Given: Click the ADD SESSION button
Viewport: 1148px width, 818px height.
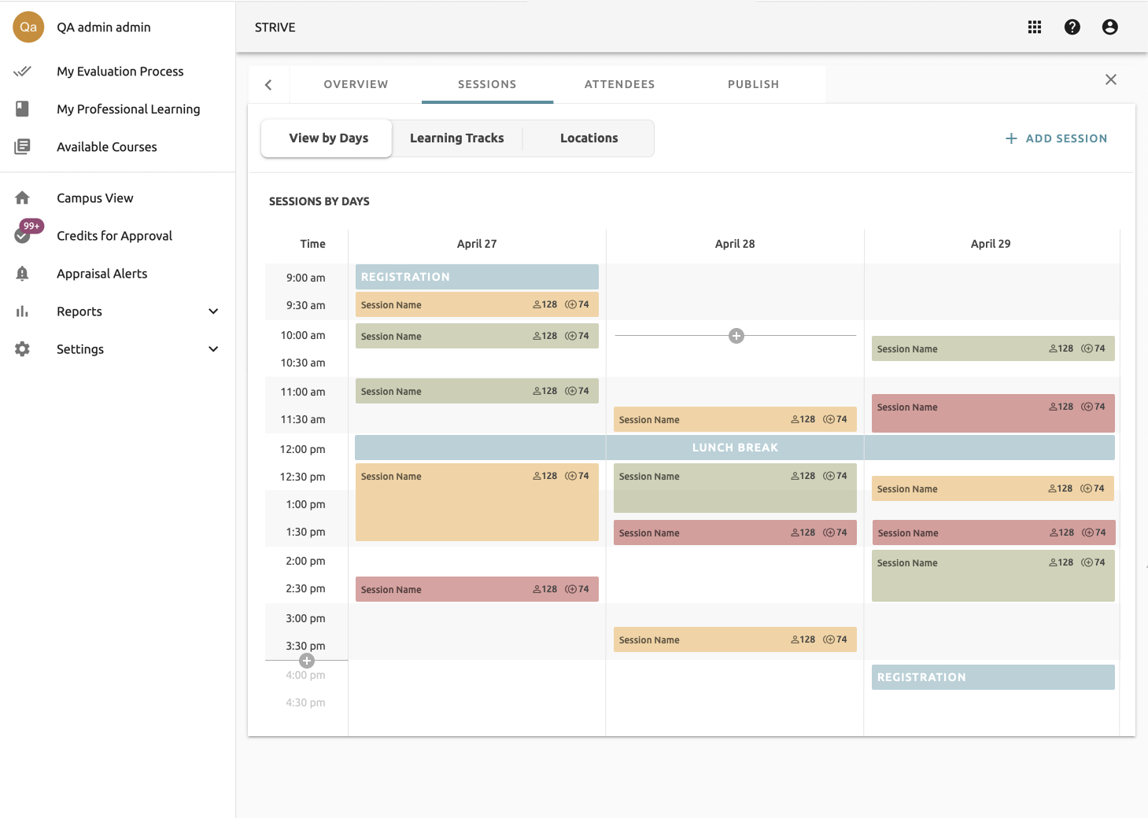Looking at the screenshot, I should pos(1056,138).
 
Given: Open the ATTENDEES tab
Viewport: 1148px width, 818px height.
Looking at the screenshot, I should pos(619,84).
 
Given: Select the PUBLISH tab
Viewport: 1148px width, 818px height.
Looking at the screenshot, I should pos(753,84).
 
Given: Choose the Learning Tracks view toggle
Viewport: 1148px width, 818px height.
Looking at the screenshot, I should pos(456,138).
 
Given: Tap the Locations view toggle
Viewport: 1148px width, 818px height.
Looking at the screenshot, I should pos(589,138).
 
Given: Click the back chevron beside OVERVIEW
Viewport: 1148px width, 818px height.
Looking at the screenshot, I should pos(268,85).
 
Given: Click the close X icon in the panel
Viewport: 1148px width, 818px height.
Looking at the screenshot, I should pos(1110,79).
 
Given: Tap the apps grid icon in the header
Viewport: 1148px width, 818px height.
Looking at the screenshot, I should pos(1035,28).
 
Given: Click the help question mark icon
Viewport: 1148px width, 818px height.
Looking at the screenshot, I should pos(1072,28).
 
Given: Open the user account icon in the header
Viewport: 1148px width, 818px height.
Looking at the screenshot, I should pos(1109,28).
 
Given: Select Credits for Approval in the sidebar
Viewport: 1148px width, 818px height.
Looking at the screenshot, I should pos(114,236).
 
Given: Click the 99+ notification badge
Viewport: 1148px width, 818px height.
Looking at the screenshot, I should pos(31,226).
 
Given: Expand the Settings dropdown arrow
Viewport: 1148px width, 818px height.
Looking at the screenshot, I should pos(213,349).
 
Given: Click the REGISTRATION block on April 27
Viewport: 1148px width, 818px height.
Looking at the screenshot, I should pos(477,277).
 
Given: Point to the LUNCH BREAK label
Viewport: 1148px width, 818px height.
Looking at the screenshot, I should pos(735,448).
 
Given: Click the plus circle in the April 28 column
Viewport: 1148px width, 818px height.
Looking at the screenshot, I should pos(736,336).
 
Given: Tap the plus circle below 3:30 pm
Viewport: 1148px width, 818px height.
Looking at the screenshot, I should pos(307,661).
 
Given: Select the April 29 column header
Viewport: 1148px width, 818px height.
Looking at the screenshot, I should pos(990,244).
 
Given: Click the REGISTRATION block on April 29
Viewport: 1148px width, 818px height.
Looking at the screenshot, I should pos(993,677).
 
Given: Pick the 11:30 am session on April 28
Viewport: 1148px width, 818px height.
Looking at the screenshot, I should pos(735,419).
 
